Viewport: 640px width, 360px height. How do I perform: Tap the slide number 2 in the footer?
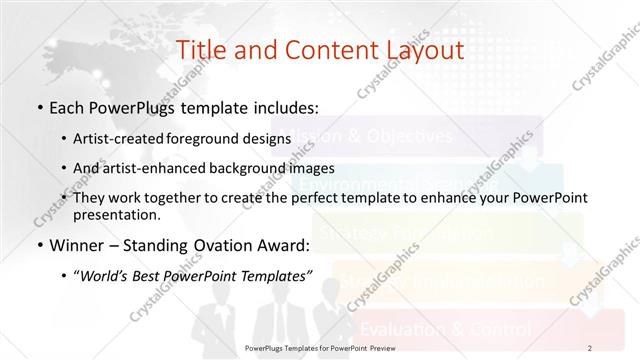pos(590,348)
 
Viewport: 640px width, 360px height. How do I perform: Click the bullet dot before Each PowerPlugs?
pos(38,106)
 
